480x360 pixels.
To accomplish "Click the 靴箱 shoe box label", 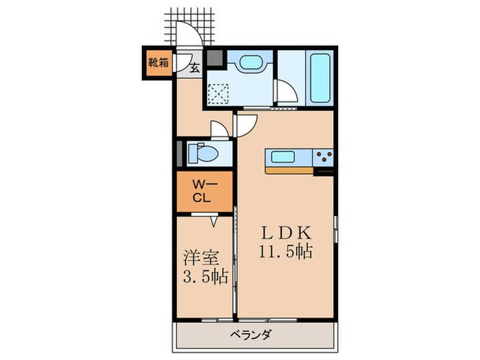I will pos(158,63).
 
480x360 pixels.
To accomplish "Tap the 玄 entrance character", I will pos(194,67).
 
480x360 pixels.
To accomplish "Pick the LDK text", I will pos(286,232).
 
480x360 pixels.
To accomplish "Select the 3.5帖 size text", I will pos(204,277).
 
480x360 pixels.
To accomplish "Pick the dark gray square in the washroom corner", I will pos(215,58).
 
